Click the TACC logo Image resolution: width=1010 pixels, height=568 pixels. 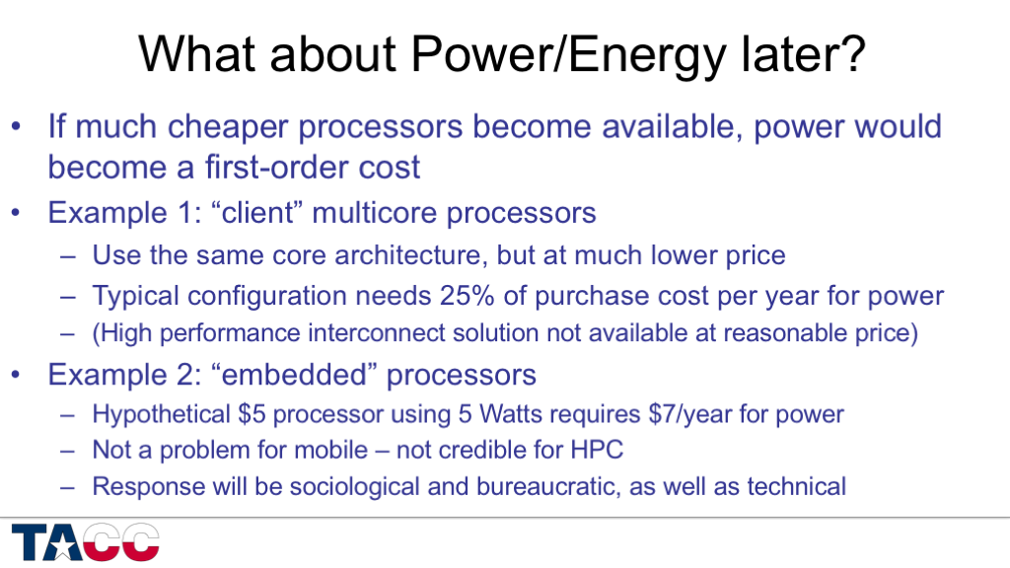[x=85, y=541]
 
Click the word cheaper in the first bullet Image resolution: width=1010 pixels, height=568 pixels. [x=228, y=127]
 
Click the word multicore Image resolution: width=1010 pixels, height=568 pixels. [x=375, y=213]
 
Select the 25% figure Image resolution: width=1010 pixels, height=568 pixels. [x=467, y=296]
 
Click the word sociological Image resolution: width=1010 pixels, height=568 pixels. [x=354, y=486]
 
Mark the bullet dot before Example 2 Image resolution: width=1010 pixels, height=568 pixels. [x=17, y=375]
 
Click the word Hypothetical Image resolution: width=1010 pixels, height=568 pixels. [x=161, y=414]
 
